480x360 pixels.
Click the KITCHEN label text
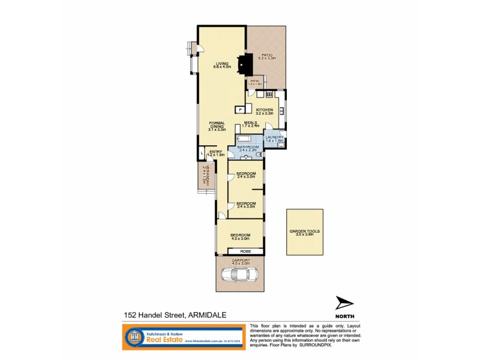pos(265,110)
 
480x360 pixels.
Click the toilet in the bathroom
pos(259,155)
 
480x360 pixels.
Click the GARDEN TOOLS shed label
pos(304,232)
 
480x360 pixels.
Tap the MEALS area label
pos(250,124)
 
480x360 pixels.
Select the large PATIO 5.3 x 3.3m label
pos(267,56)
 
